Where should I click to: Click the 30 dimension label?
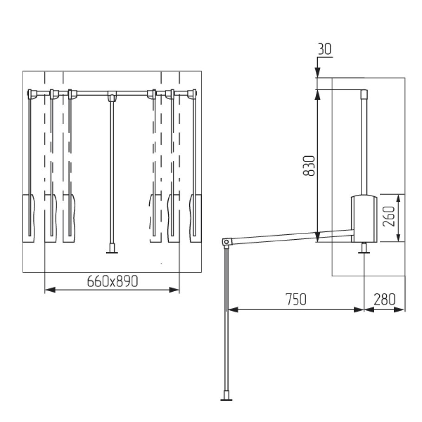325,49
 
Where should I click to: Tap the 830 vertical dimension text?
309,166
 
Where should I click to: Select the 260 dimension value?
388,217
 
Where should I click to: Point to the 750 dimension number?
296,299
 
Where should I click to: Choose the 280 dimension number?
384,299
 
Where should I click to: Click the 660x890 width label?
113,281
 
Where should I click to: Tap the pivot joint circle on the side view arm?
226,242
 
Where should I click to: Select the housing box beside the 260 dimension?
364,218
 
